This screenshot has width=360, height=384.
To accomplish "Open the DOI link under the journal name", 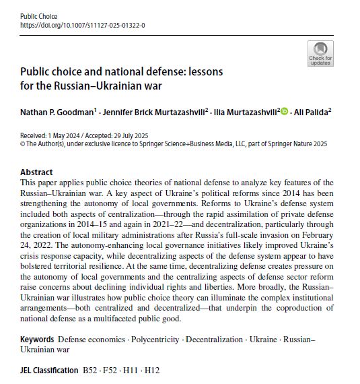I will pos(83,25).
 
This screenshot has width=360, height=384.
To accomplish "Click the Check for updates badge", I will pos(320,53).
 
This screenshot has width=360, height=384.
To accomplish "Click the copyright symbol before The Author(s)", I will pos(23,143).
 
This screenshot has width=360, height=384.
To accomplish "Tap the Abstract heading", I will pos(36,172).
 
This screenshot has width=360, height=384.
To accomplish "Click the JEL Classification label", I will pos(48,371).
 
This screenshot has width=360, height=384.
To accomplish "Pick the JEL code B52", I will pos(89,371).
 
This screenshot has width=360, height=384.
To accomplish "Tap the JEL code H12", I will pos(152,371).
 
